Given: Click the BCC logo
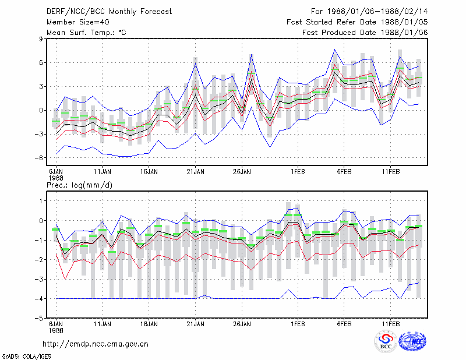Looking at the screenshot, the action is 386,341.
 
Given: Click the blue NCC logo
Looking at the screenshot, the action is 412,341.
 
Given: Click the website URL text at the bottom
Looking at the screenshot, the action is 96,344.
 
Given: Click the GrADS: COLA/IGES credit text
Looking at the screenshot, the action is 26,357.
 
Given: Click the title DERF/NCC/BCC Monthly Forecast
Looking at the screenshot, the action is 109,12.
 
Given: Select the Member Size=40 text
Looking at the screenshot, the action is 78,22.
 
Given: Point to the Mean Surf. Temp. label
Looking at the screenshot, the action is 86,33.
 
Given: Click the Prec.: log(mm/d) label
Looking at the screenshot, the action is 79,185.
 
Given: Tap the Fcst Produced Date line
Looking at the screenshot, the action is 365,33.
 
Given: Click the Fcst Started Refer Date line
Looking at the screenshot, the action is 357,22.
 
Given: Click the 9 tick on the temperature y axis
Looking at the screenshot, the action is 41,38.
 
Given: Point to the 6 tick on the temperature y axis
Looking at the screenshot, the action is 41,62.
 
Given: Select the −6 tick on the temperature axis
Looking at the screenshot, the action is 39,157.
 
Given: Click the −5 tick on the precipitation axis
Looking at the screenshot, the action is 39,318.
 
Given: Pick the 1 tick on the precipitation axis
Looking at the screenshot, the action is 41,201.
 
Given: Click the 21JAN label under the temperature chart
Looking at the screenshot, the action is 196,171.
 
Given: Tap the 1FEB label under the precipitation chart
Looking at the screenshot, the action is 298,324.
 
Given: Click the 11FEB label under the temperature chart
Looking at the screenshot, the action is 391,171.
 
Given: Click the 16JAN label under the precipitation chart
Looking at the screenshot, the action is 149,324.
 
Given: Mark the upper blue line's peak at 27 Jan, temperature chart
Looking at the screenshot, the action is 252,54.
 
